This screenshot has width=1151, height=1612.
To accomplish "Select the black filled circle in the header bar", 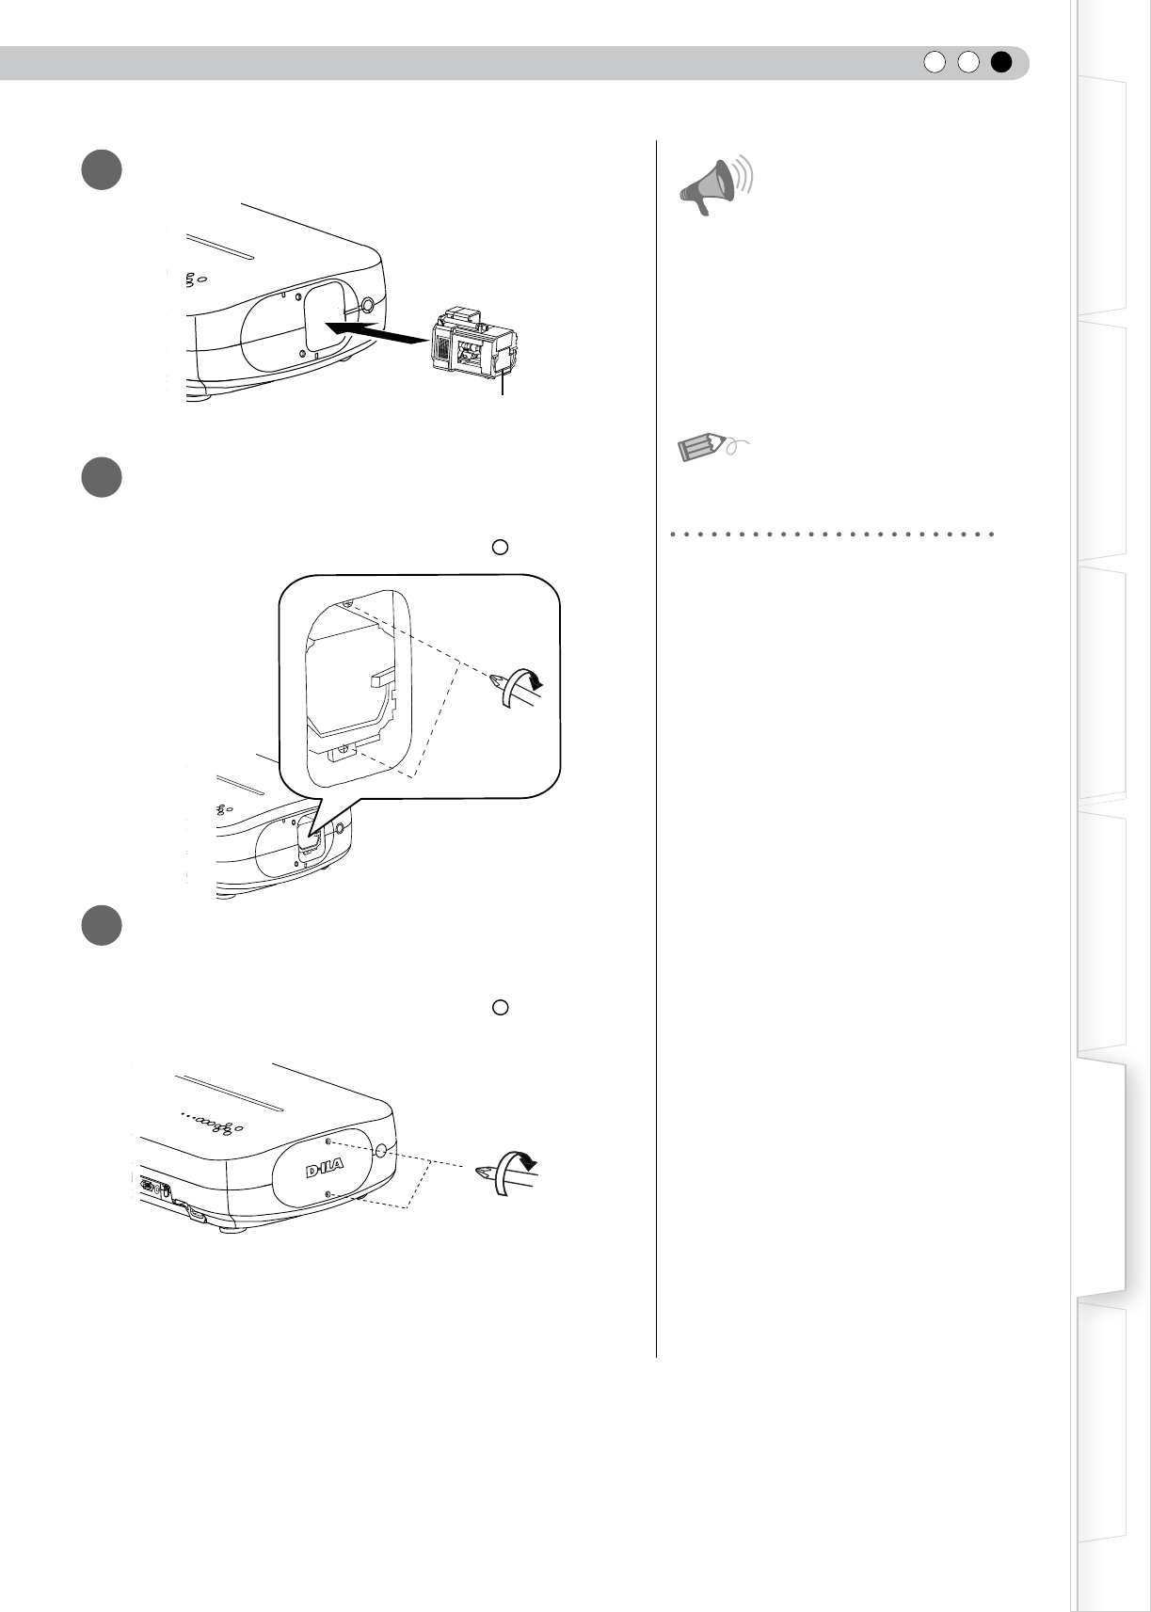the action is (1000, 62).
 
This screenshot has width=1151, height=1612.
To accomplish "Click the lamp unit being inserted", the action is (473, 344).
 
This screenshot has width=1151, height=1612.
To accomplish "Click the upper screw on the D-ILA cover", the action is (327, 1141).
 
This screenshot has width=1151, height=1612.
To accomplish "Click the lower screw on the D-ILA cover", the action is (327, 1194).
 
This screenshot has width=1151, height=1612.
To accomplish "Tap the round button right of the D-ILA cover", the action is (380, 1151).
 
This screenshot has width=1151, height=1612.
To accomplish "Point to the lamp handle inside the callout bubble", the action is (383, 676).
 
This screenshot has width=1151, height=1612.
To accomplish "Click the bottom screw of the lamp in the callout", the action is (342, 751).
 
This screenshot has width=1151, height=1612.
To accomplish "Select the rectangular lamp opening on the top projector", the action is (326, 321).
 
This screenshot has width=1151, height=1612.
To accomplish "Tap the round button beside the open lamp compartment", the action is (366, 306).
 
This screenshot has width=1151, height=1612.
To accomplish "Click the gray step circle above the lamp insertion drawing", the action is (100, 169).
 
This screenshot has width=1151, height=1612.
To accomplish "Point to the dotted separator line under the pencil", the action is (833, 534).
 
